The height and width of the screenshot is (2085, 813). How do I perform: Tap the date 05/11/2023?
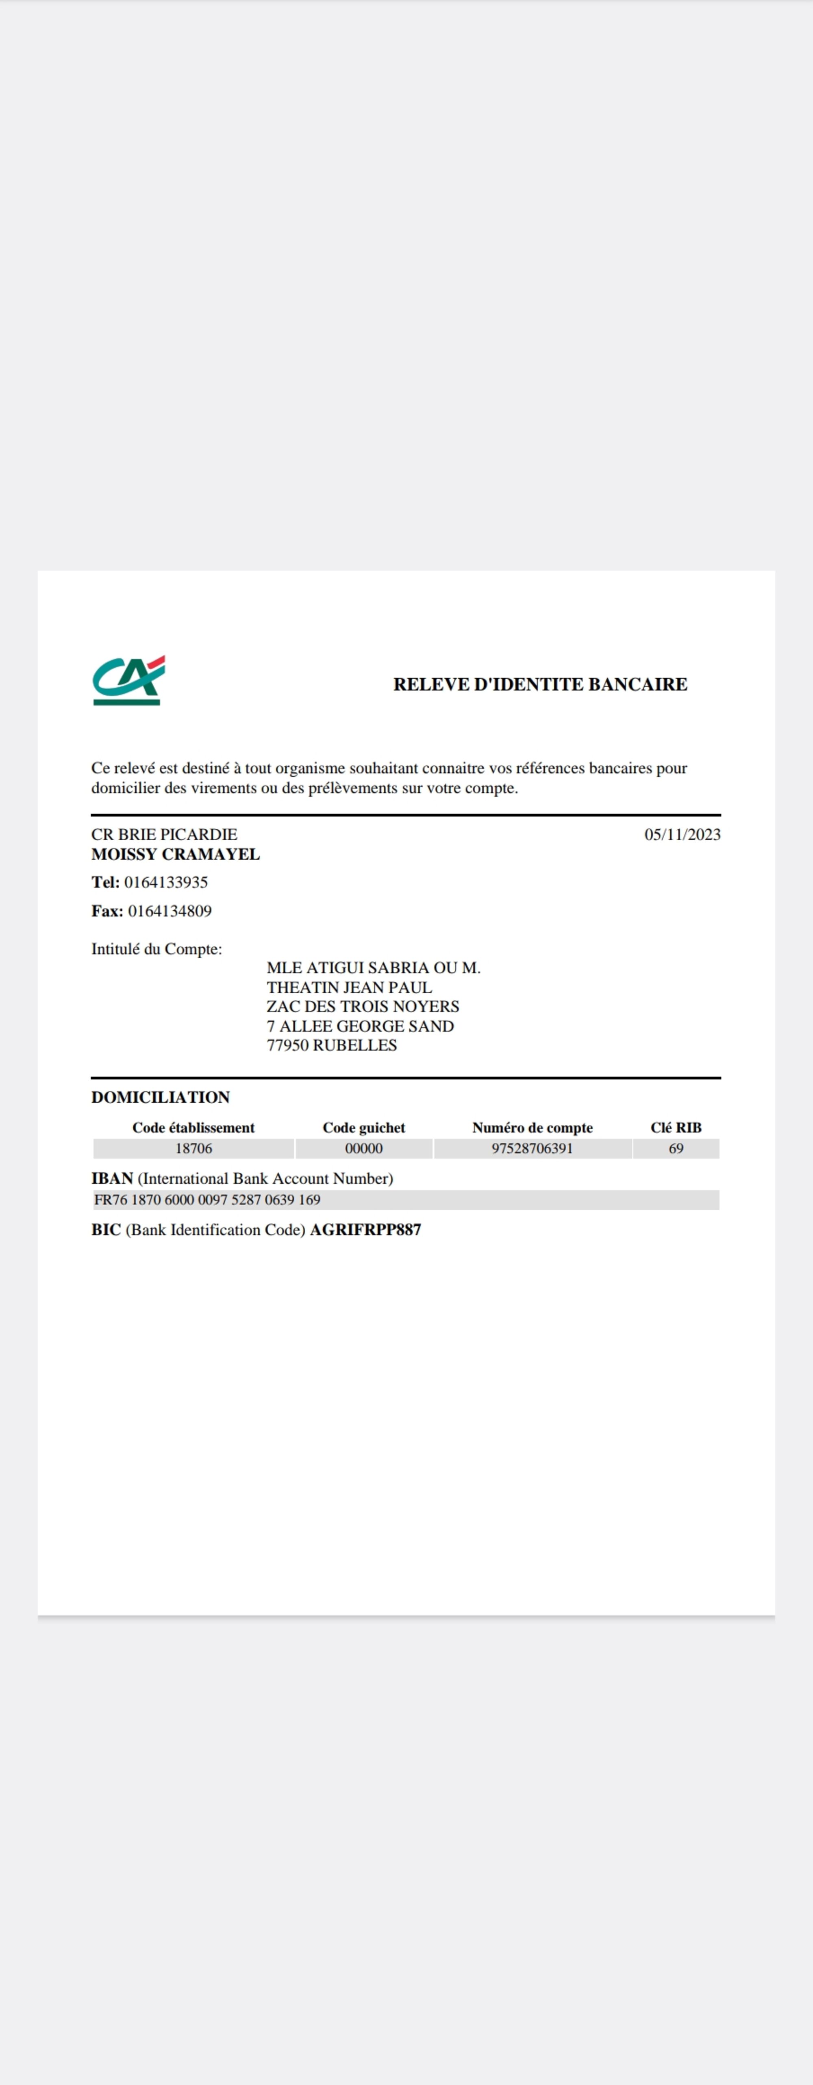coord(682,835)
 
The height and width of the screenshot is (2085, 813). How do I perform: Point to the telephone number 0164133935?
coord(166,882)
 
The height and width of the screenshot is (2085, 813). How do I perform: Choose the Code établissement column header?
coord(193,1128)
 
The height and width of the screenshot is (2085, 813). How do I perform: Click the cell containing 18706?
coord(193,1149)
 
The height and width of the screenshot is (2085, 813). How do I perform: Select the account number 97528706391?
coord(532,1149)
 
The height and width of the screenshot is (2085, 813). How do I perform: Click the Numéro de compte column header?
coord(532,1128)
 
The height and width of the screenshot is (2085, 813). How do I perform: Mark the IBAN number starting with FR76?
coord(207,1200)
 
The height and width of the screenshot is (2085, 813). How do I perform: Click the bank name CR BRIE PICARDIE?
coord(164,835)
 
